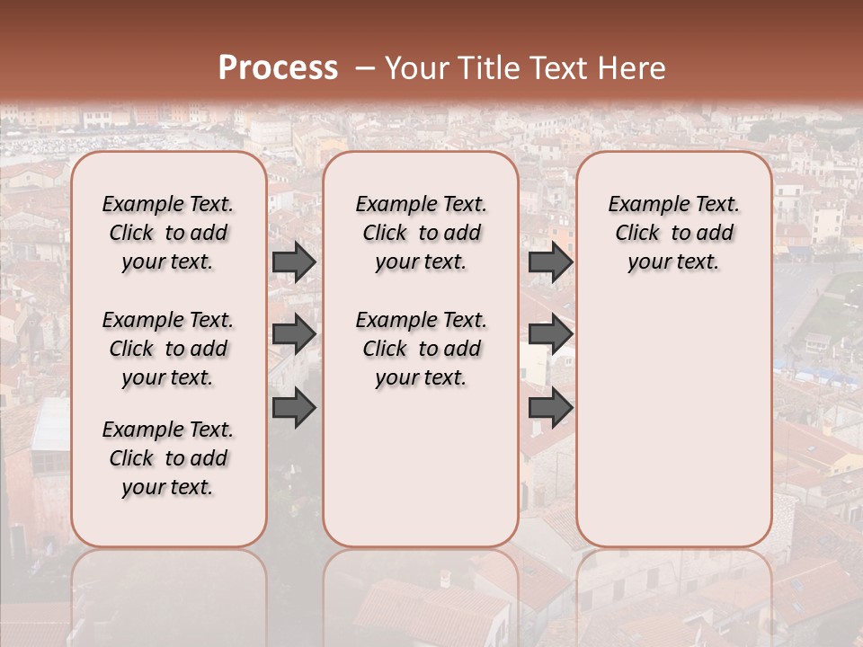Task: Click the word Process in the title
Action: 278,67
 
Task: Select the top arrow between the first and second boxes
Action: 294,261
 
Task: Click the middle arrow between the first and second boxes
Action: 294,334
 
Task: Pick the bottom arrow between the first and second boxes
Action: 294,407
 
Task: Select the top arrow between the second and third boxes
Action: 550,261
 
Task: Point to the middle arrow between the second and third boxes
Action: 550,334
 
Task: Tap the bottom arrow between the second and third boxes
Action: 550,407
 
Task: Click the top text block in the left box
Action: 168,233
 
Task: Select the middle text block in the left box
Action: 168,349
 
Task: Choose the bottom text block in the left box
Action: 168,458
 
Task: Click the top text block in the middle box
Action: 422,233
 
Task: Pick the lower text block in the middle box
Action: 422,349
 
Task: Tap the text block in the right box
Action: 674,233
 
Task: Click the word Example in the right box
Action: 649,204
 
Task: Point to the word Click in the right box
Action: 637,233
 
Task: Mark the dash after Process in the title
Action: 364,67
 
